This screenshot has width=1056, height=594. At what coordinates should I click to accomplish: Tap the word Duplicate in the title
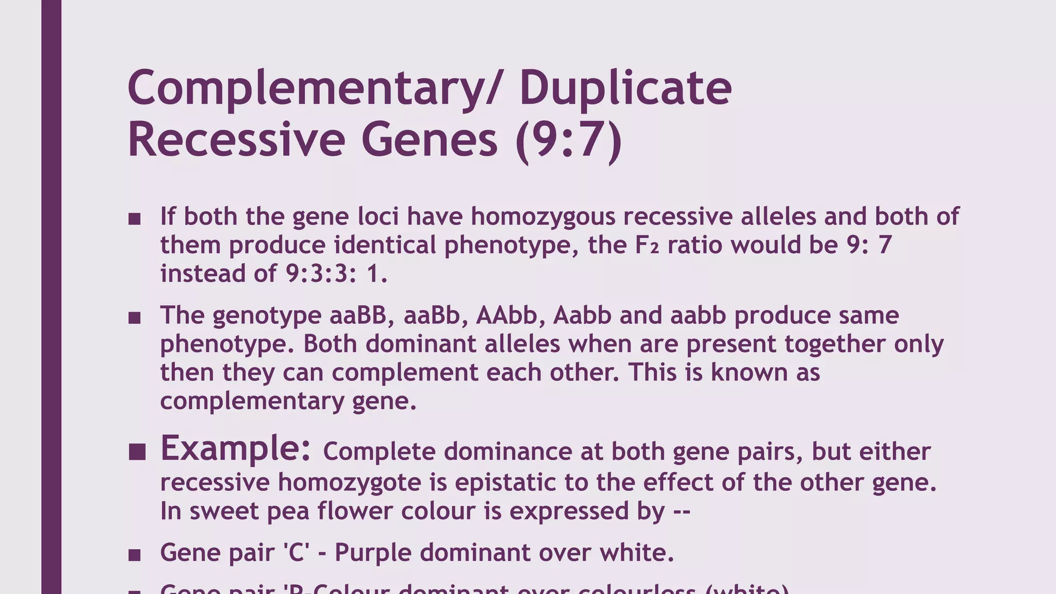point(625,89)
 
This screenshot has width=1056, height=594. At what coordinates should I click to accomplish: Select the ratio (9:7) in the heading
point(568,140)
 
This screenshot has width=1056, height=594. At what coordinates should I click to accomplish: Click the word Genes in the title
point(430,140)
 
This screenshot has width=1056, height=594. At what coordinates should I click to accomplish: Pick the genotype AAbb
point(506,315)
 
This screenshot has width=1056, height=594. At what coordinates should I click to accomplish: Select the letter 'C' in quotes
point(296,552)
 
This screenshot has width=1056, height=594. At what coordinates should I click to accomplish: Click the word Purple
point(373,553)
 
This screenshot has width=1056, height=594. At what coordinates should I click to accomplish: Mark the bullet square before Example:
point(137,452)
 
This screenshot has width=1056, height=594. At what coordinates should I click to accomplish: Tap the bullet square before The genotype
point(135,318)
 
